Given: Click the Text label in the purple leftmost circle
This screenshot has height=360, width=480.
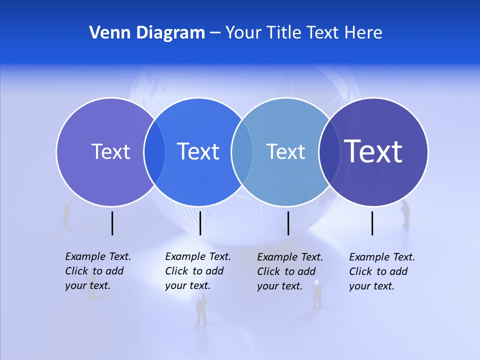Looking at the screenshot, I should click(x=110, y=151).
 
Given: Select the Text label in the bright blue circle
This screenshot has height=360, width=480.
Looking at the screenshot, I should click(x=198, y=151).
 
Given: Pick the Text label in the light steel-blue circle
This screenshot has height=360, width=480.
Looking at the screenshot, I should click(x=285, y=151).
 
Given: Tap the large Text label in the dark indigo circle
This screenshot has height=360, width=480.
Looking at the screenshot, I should click(x=373, y=151).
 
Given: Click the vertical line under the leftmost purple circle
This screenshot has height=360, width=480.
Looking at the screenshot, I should click(x=112, y=223).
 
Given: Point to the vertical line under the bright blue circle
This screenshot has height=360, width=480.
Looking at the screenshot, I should click(x=200, y=223).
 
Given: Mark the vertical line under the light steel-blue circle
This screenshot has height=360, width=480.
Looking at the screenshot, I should click(x=288, y=223).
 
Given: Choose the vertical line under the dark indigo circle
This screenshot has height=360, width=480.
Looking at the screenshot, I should click(x=372, y=223).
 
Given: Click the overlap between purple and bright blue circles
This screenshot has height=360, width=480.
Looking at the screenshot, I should click(x=154, y=152).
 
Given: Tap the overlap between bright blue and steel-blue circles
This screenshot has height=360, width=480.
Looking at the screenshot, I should click(x=242, y=152).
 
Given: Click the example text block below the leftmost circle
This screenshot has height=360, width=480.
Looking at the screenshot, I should click(x=97, y=271).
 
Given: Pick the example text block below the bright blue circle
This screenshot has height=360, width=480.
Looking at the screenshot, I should click(x=197, y=271).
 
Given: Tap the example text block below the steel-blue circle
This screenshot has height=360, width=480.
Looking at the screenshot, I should click(x=289, y=271).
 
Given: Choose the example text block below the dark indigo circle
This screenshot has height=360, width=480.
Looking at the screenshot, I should click(x=381, y=271).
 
